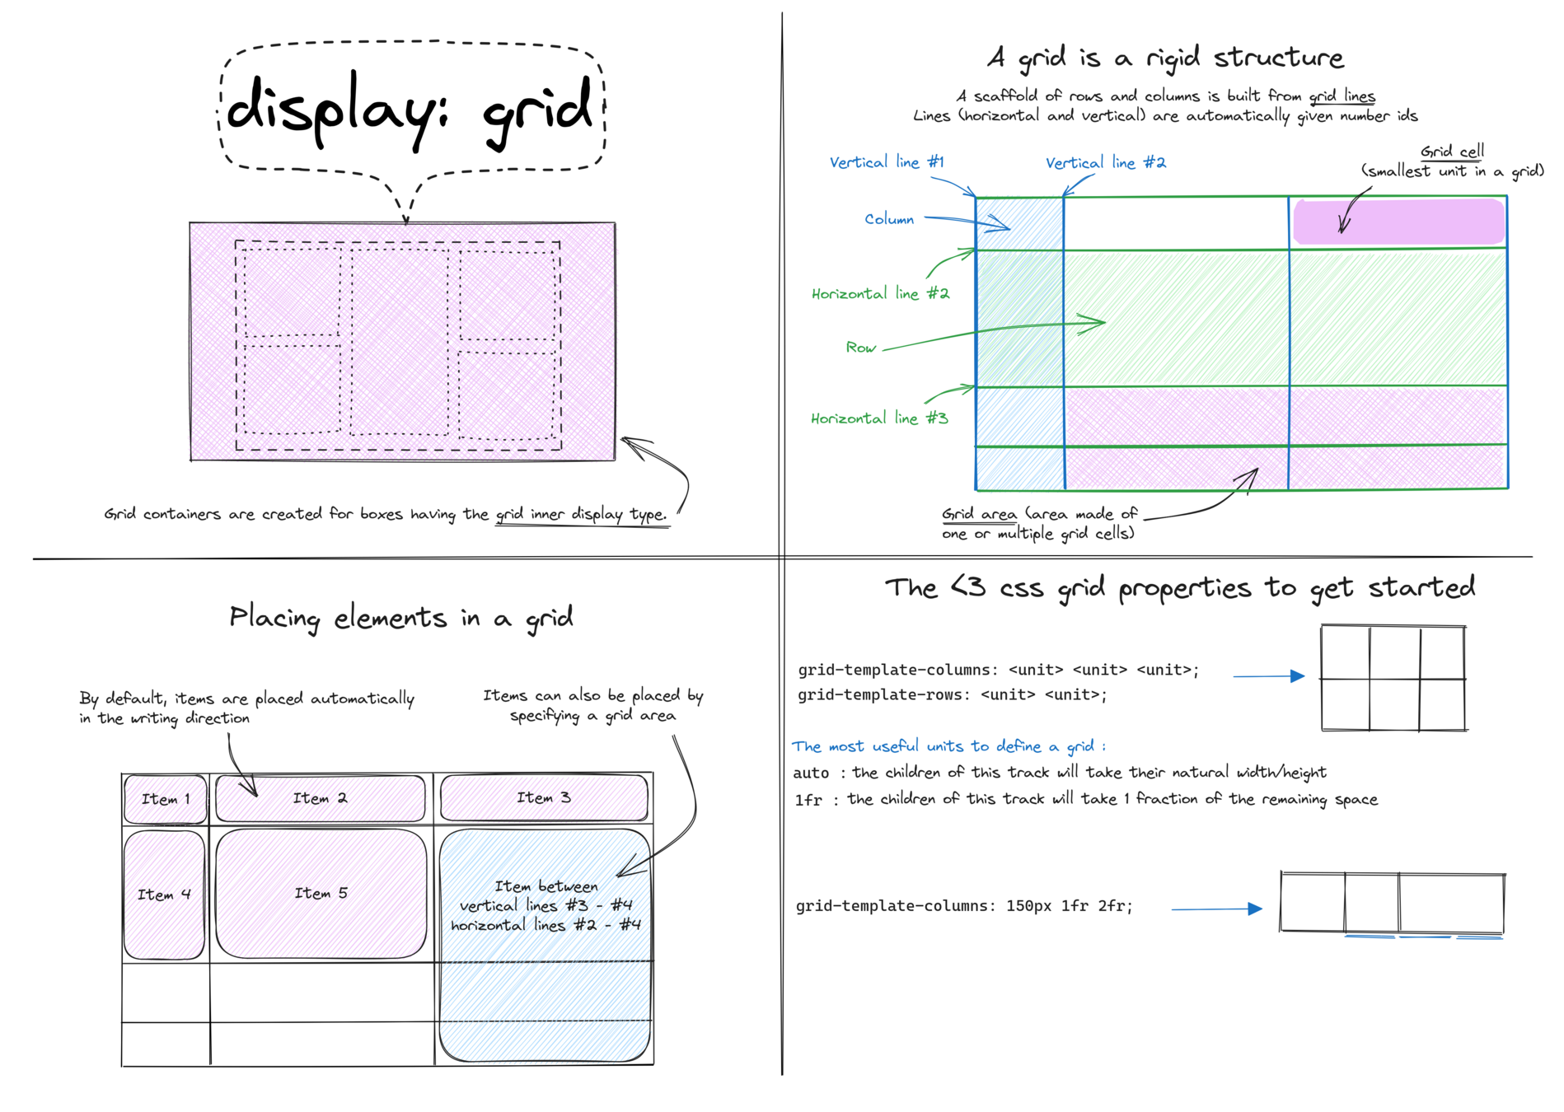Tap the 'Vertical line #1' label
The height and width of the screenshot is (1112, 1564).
pyautogui.click(x=886, y=162)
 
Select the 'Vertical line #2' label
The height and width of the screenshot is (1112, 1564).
pyautogui.click(x=1105, y=163)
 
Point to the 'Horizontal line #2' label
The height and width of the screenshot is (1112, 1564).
pyautogui.click(x=879, y=294)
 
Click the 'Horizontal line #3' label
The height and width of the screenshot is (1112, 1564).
pyautogui.click(x=878, y=418)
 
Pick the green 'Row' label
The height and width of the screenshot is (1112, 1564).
pyautogui.click(x=860, y=348)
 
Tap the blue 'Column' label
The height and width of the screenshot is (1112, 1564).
pyautogui.click(x=888, y=219)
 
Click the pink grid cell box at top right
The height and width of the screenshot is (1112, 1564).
pyautogui.click(x=1398, y=221)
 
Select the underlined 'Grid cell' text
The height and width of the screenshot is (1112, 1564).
pyautogui.click(x=1451, y=152)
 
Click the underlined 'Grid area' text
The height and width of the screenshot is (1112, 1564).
pyautogui.click(x=979, y=514)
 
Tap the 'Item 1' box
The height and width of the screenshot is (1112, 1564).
pyautogui.click(x=165, y=799)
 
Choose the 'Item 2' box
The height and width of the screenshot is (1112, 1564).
pyautogui.click(x=320, y=798)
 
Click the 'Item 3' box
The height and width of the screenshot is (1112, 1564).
pyautogui.click(x=543, y=797)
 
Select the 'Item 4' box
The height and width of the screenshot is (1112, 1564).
pyautogui.click(x=164, y=895)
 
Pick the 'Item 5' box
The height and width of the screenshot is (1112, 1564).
pyautogui.click(x=321, y=894)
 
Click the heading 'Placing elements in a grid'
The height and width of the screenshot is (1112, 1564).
pyautogui.click(x=400, y=618)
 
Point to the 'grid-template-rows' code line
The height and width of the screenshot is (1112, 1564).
pyautogui.click(x=952, y=695)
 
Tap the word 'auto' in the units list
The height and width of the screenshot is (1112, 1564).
pyautogui.click(x=811, y=773)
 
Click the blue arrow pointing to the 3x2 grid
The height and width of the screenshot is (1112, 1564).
pyautogui.click(x=1268, y=676)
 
